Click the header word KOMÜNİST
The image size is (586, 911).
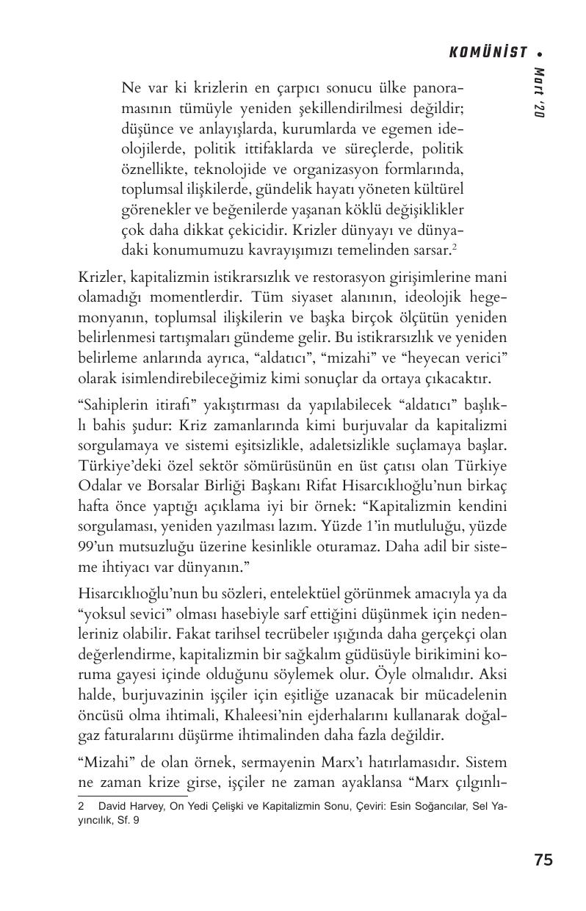488,52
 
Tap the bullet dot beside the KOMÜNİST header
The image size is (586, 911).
540,53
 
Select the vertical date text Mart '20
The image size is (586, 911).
540,93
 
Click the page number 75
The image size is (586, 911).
543,860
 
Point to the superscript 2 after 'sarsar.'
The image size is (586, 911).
455,247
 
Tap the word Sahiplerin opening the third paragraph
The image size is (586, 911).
110,405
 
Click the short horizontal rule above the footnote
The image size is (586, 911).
131,795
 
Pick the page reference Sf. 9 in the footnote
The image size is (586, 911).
128,821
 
